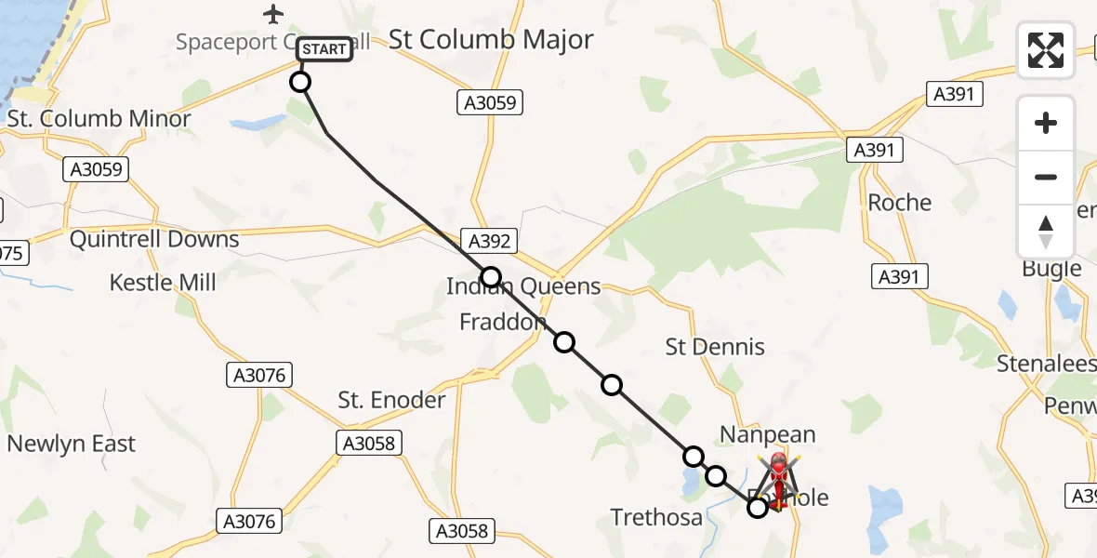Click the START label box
click(324, 49)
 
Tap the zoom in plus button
click(1046, 124)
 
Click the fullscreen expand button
click(1046, 50)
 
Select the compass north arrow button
click(1046, 232)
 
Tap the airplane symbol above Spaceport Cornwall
click(272, 14)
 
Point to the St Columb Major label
click(491, 40)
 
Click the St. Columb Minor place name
click(99, 119)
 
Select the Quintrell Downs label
click(155, 239)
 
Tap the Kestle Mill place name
click(163, 283)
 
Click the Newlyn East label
click(72, 444)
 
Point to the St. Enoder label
click(391, 400)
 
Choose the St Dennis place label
click(715, 347)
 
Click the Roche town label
click(899, 203)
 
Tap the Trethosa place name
click(656, 517)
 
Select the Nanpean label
click(768, 434)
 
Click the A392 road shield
click(489, 242)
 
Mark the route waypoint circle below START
click(300, 82)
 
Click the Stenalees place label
click(1046, 364)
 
